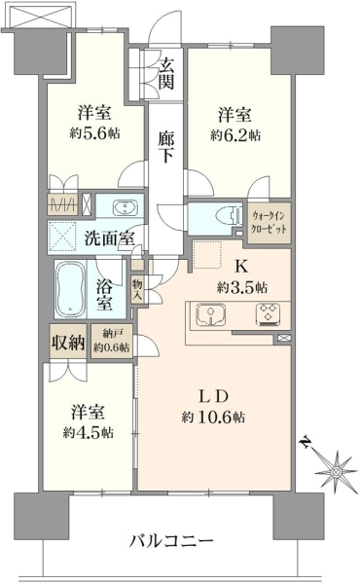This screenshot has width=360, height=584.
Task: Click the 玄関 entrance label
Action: pyautogui.click(x=166, y=75)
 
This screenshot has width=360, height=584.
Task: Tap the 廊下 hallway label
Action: pyautogui.click(x=165, y=147)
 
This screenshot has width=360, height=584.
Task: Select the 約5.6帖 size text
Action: pyautogui.click(x=95, y=133)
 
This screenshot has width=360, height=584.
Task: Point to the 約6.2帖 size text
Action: pyautogui.click(x=235, y=135)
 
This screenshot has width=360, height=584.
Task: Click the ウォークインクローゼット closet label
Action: pyautogui.click(x=269, y=222)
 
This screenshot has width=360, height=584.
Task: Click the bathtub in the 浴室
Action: pyautogui.click(x=70, y=288)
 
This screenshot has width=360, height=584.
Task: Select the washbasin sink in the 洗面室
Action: pyautogui.click(x=125, y=206)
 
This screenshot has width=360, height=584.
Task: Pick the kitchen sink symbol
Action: pyautogui.click(x=211, y=313)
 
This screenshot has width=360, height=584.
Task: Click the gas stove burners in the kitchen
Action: pyautogui.click(x=268, y=313)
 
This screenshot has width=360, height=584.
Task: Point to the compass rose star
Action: pyautogui.click(x=336, y=472)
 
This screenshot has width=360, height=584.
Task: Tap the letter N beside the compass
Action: pyautogui.click(x=306, y=442)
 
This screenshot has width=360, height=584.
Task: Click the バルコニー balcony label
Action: pyautogui.click(x=171, y=540)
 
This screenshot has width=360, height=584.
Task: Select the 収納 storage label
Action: pyautogui.click(x=68, y=342)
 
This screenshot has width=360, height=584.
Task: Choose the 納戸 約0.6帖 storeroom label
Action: pyautogui.click(x=112, y=341)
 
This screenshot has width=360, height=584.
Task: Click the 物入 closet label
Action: pyautogui.click(x=137, y=290)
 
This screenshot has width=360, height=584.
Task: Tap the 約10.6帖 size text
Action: pyautogui.click(x=213, y=418)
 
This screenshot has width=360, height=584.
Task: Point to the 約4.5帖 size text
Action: pyautogui.click(x=89, y=432)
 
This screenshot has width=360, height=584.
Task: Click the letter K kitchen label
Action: pyautogui.click(x=241, y=267)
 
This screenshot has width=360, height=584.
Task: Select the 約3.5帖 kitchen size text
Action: pyautogui.click(x=242, y=287)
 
